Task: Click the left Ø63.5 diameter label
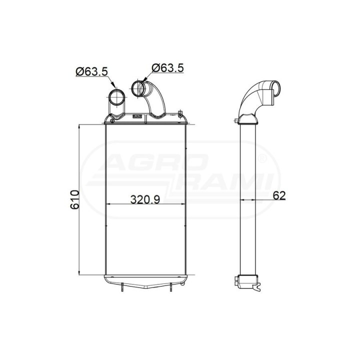pos(91,71)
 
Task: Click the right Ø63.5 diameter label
pos(168,67)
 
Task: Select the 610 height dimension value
pos(75,199)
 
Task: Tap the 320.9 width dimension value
pos(145,199)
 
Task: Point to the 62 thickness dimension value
pos(279,195)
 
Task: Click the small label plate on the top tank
pos(137,116)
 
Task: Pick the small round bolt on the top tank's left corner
pos(112,121)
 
